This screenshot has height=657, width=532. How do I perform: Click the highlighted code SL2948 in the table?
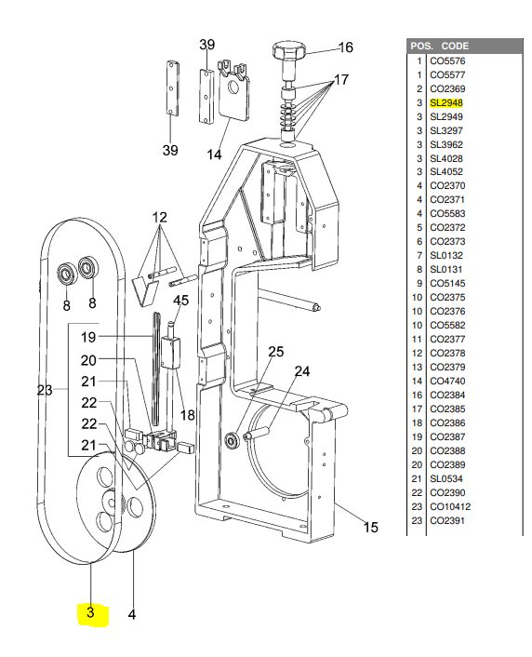(446, 102)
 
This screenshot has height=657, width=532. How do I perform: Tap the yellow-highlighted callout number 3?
(91, 612)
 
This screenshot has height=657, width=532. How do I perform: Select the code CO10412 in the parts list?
(450, 506)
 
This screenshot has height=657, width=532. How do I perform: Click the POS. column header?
(421, 47)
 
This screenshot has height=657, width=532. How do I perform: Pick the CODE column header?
(455, 47)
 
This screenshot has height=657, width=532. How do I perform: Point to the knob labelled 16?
(288, 50)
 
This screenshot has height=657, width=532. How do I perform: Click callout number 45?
(181, 301)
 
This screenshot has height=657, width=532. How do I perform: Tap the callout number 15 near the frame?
(370, 527)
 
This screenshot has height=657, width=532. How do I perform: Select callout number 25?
(275, 352)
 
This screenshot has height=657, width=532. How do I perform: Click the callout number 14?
(214, 154)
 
